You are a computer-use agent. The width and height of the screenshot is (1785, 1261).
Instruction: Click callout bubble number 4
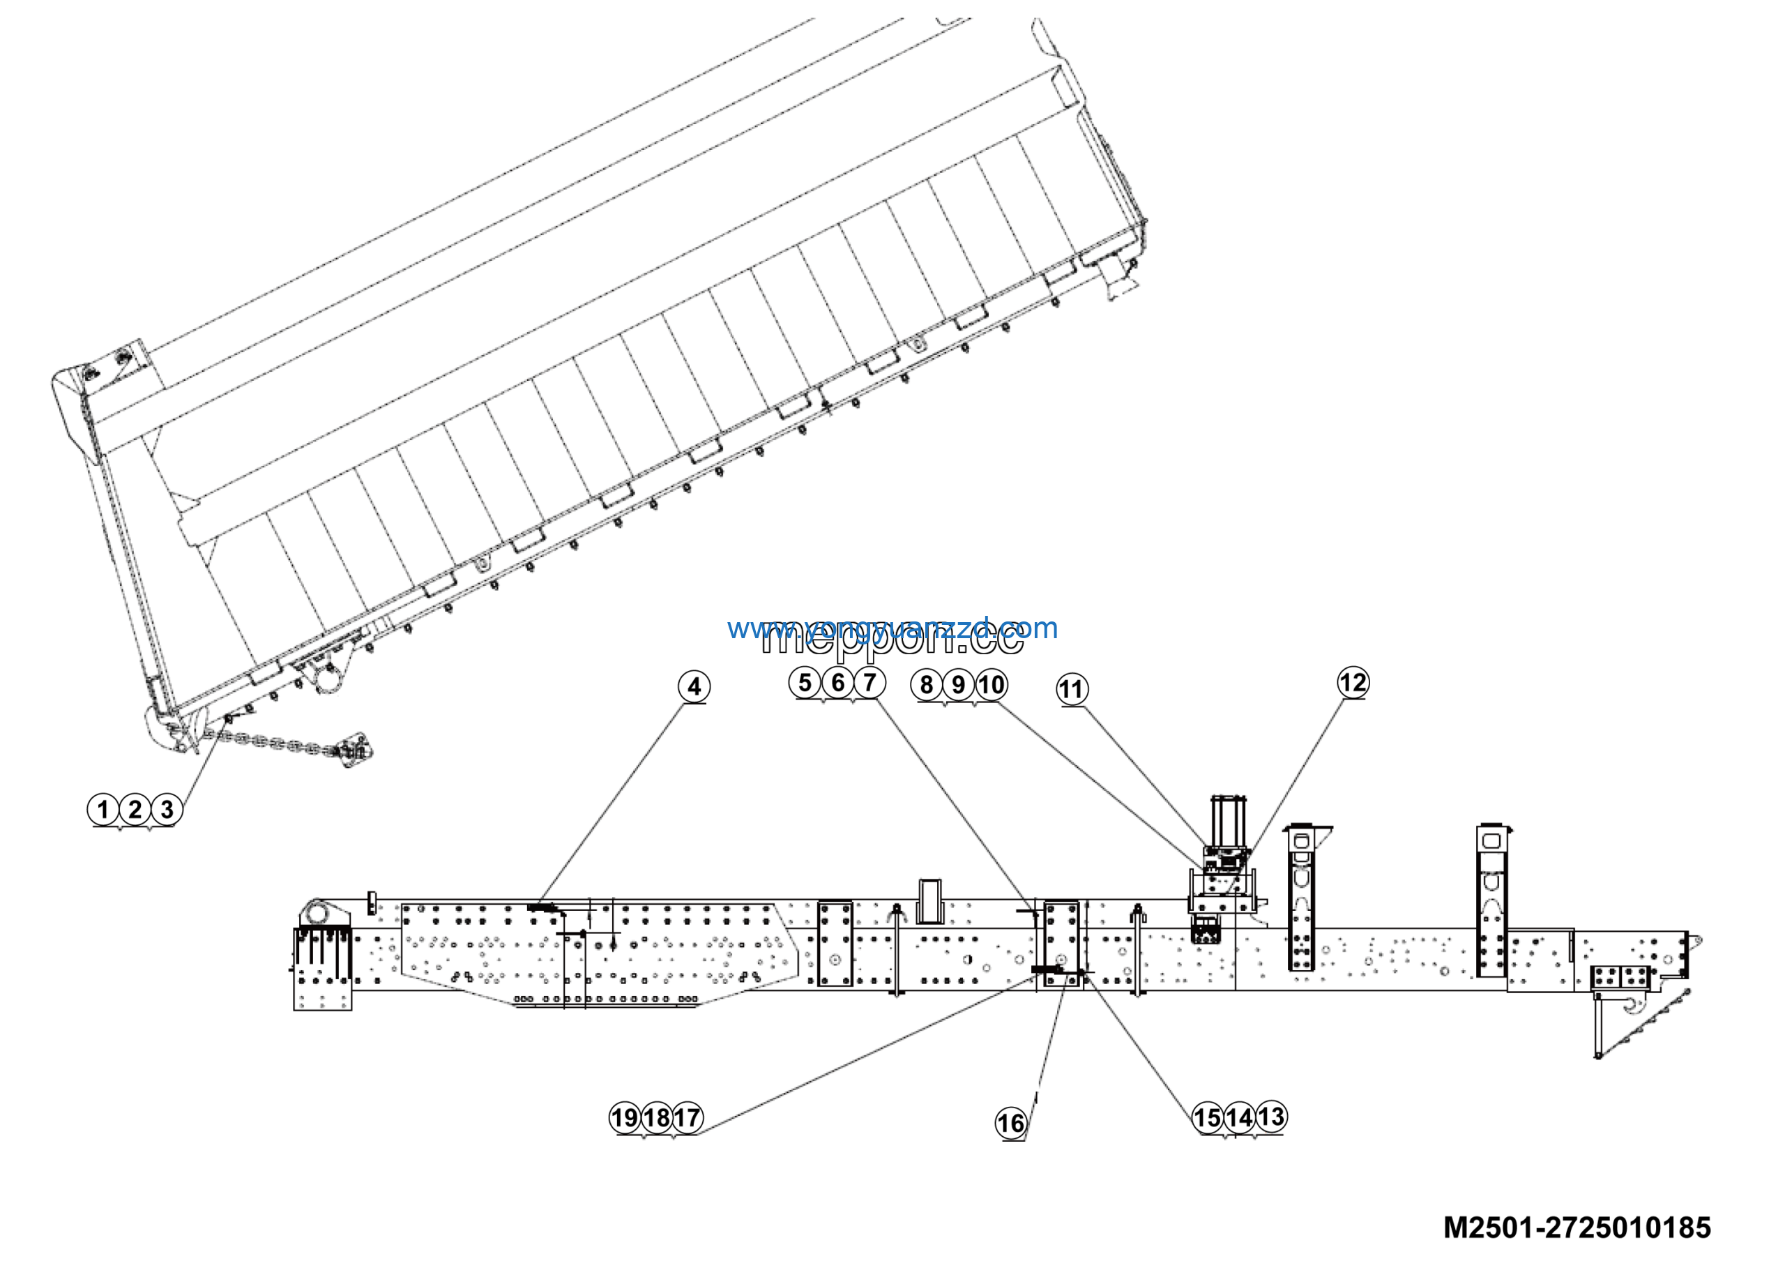(694, 686)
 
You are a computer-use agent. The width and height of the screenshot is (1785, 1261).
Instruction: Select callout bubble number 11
(1071, 689)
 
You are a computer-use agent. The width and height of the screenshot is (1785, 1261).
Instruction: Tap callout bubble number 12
(1353, 683)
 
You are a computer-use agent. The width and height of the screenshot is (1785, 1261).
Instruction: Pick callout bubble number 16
(1010, 1123)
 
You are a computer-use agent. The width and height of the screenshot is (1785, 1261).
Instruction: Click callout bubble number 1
(102, 809)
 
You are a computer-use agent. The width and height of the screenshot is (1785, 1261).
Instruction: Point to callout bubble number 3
(167, 809)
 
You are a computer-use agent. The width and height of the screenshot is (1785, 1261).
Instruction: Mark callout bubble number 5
(805, 683)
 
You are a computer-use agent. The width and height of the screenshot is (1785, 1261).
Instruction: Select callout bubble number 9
(959, 685)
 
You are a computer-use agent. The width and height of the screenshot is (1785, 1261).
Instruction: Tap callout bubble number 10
(990, 685)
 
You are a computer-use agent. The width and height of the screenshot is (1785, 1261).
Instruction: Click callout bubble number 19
(624, 1118)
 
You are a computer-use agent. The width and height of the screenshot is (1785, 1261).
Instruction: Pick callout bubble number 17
(688, 1118)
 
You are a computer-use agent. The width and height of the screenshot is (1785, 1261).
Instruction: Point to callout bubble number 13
(1271, 1117)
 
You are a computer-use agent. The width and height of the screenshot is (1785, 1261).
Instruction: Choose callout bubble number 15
(1208, 1118)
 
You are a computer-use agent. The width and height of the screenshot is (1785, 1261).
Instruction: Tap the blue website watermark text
(892, 628)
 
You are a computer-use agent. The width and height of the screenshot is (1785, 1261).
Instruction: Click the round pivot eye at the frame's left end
(317, 910)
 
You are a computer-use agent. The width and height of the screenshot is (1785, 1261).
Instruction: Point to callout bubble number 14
(1239, 1118)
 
